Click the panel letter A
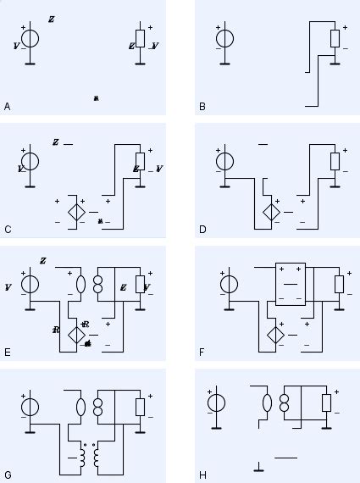click(x=8, y=107)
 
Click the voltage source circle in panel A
click(x=30, y=38)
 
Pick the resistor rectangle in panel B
click(x=335, y=38)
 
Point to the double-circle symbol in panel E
click(x=98, y=284)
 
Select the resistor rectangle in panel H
click(x=325, y=404)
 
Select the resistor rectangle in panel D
click(x=335, y=161)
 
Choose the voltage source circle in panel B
click(x=224, y=38)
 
